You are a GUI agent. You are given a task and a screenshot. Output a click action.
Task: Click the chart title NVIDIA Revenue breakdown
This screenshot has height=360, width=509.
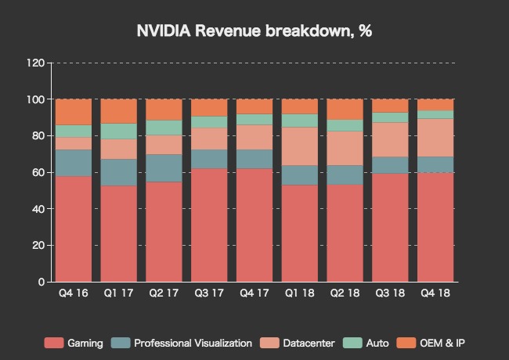254,31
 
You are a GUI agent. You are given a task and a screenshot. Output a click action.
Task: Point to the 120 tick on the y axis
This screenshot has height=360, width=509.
35,63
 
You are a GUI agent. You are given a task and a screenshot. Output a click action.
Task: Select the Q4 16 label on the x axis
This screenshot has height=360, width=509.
74,294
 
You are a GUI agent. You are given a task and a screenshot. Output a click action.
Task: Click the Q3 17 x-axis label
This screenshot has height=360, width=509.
209,294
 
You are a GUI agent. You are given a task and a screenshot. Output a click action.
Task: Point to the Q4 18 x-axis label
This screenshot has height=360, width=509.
435,294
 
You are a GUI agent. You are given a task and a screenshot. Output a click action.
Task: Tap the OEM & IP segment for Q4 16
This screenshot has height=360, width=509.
74,112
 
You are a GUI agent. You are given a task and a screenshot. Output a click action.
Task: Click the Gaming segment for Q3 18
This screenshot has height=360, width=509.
389,227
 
